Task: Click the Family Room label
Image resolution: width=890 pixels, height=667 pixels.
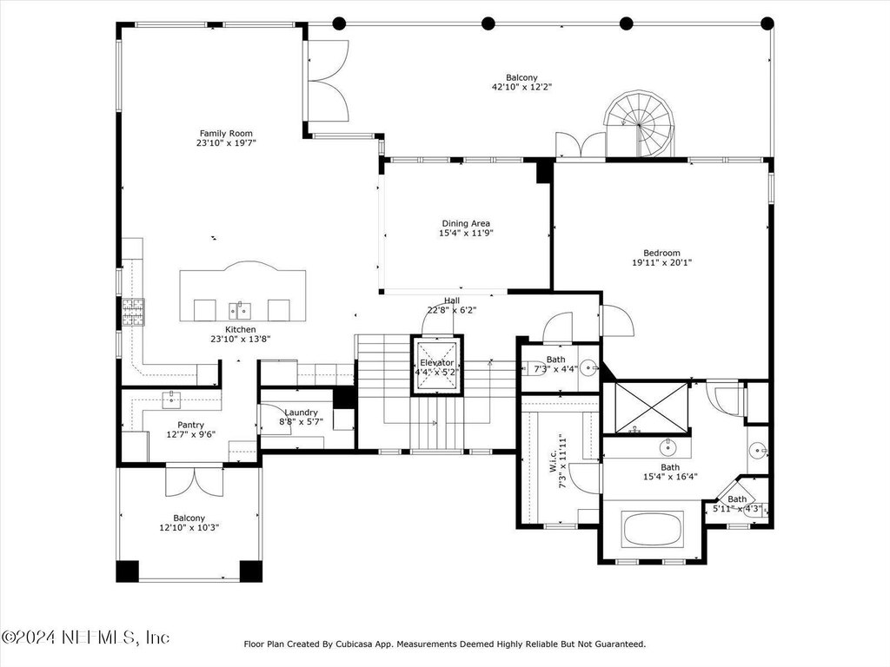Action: click(x=226, y=134)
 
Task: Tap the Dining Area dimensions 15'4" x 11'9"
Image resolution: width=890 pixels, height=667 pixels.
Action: click(x=466, y=233)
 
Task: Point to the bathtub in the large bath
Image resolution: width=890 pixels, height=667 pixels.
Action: click(x=653, y=530)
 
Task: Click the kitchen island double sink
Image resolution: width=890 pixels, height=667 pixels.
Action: click(x=240, y=310)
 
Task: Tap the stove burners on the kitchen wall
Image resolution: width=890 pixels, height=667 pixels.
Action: click(x=133, y=312)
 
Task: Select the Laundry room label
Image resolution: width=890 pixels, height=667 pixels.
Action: click(x=301, y=413)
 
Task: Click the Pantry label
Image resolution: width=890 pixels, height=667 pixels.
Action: click(x=190, y=425)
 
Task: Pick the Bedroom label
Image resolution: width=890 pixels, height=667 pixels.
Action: click(x=661, y=253)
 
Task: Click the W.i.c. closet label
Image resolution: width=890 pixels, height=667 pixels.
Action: click(x=552, y=462)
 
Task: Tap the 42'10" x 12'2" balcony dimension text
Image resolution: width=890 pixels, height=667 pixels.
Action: click(x=521, y=88)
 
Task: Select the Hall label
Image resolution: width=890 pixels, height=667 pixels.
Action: click(x=452, y=300)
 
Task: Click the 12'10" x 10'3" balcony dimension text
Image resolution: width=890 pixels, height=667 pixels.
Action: click(x=189, y=528)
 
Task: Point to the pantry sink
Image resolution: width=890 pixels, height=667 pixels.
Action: click(x=171, y=400)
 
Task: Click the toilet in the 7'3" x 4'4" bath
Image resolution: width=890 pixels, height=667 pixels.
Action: click(x=534, y=368)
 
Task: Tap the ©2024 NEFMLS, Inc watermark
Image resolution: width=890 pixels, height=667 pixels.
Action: click(x=86, y=637)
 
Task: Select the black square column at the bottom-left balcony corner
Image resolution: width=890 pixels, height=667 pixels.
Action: click(x=127, y=571)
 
